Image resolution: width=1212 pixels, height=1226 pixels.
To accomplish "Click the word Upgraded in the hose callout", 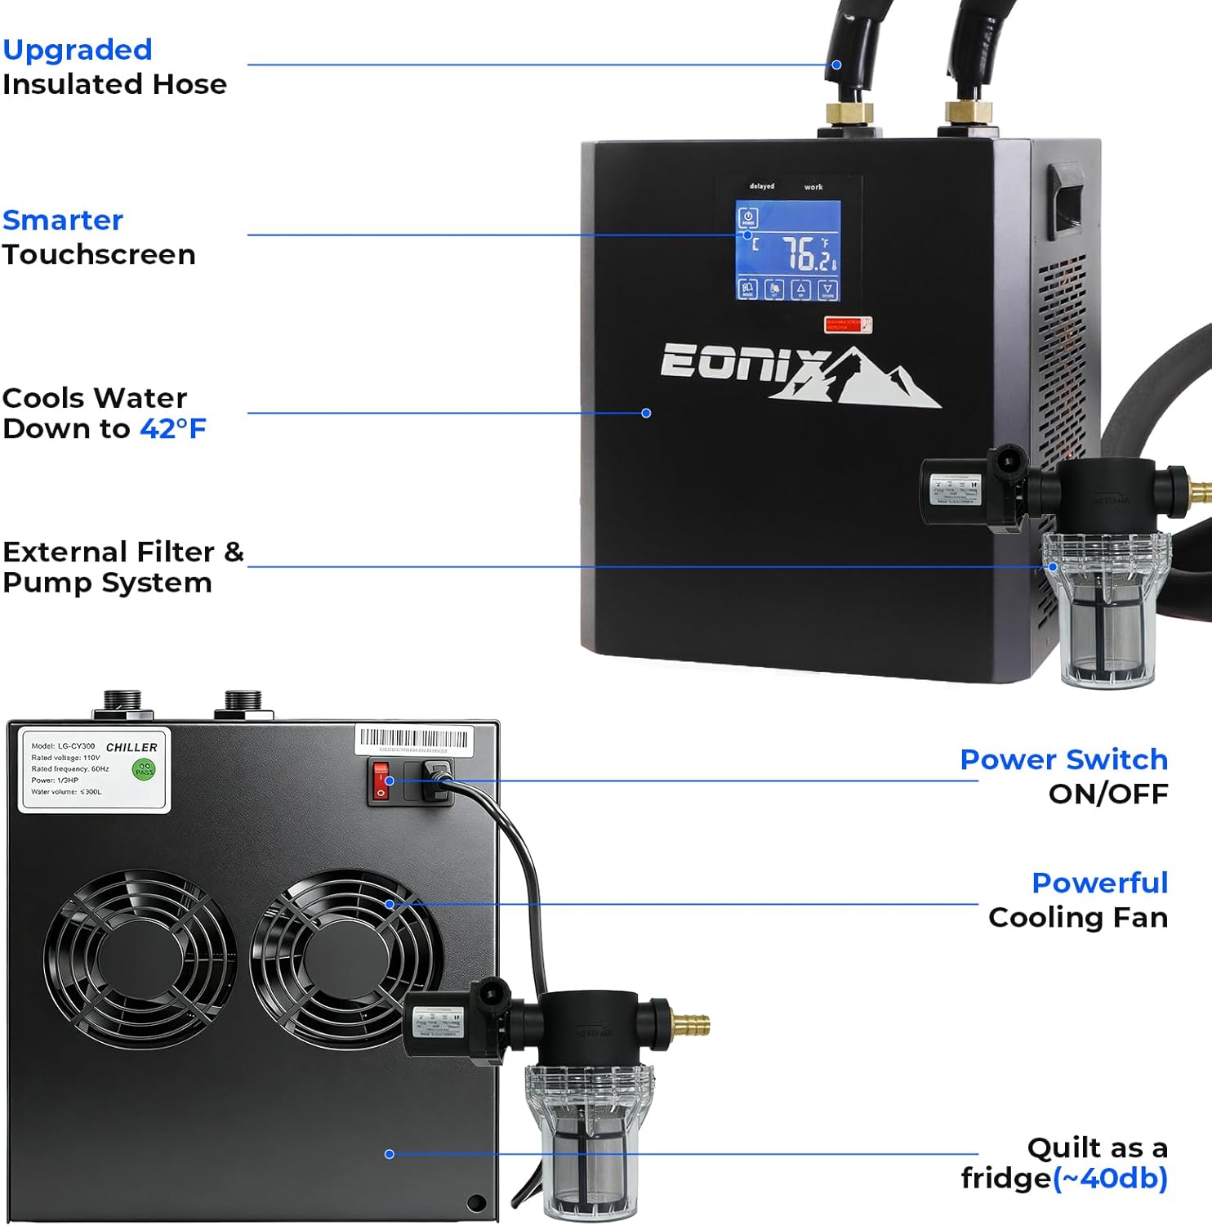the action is click(78, 50).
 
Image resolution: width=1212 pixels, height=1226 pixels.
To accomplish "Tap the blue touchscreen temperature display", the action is click(788, 250).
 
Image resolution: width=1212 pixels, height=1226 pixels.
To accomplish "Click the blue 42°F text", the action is click(173, 428).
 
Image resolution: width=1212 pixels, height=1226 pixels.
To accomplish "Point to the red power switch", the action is click(381, 781).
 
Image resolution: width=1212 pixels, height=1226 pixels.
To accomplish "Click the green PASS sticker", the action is click(144, 769).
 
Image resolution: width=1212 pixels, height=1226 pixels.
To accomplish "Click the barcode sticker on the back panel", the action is click(413, 741).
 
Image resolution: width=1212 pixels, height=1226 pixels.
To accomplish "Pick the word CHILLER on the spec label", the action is click(131, 747).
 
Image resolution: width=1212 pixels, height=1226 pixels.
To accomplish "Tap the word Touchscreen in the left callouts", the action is click(99, 255).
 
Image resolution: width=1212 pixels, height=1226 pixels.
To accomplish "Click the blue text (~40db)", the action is click(1110, 1179).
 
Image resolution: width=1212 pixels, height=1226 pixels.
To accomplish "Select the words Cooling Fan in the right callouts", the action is click(1077, 918).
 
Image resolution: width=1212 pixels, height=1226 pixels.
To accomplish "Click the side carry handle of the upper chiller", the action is click(1066, 201).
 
